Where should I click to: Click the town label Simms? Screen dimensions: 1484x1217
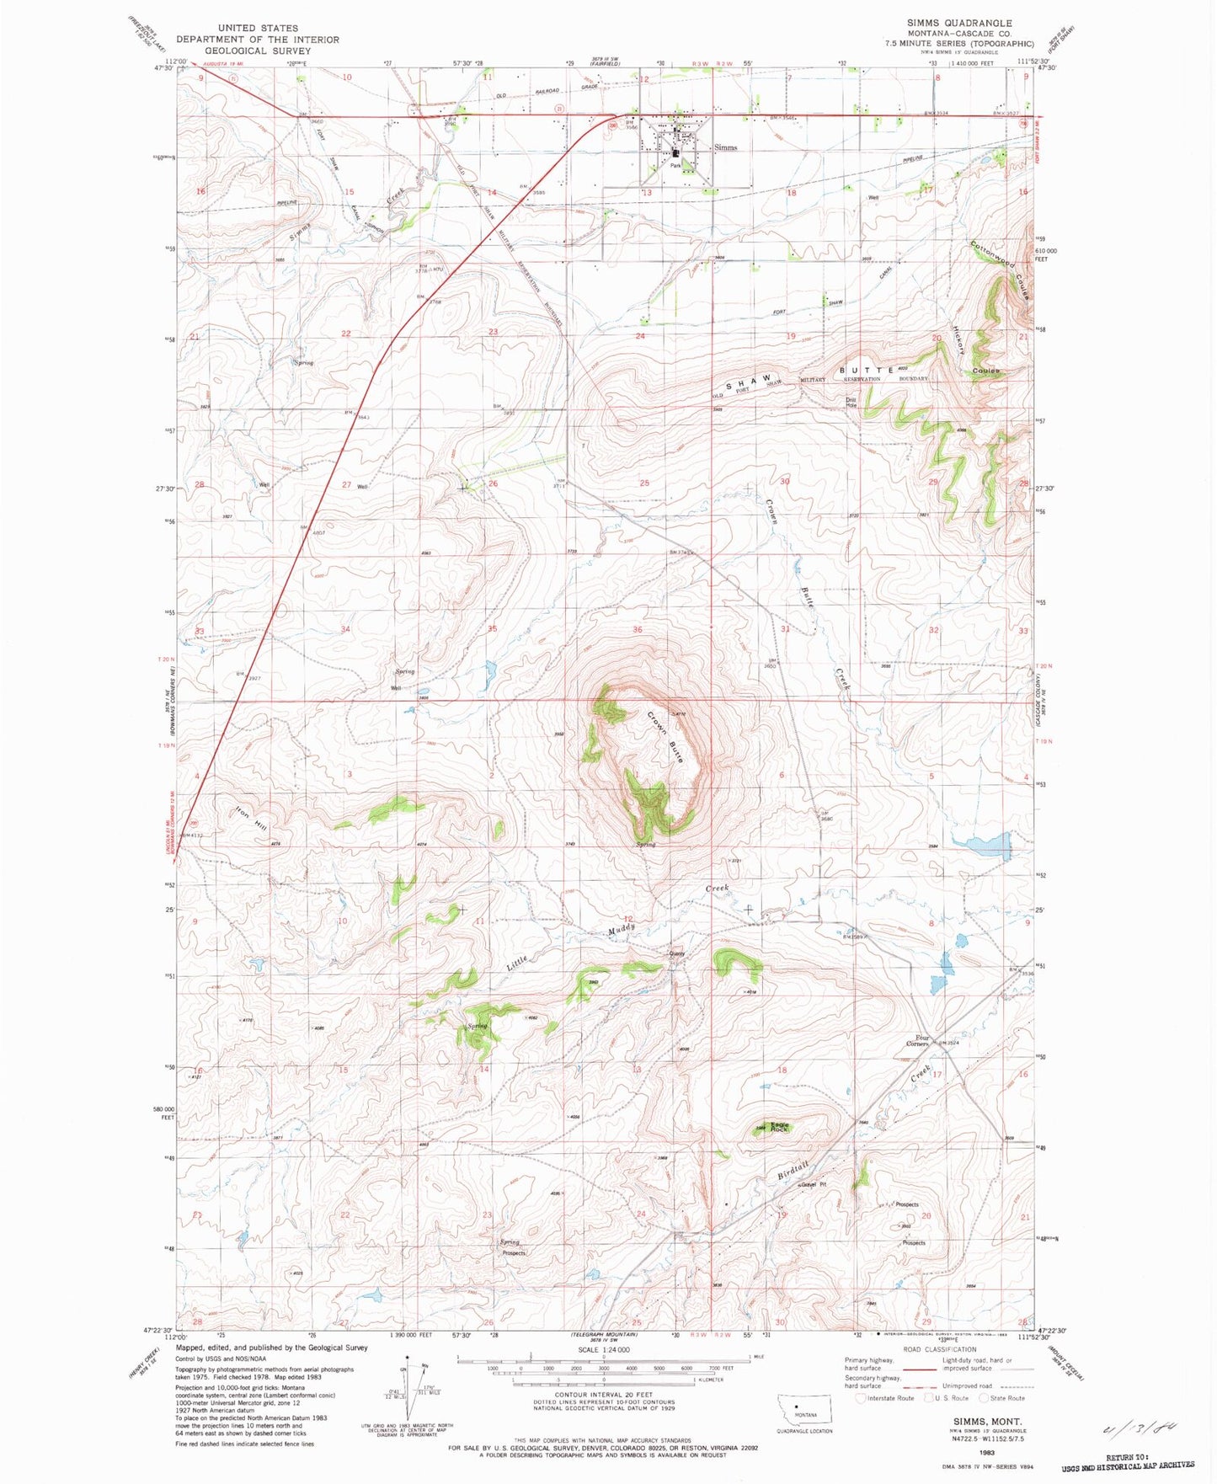click(x=725, y=147)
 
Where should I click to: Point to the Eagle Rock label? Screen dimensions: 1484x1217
click(x=779, y=1126)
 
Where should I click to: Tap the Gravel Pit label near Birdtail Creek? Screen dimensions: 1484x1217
click(x=814, y=1185)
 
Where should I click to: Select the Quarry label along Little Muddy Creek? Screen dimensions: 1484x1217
click(x=677, y=953)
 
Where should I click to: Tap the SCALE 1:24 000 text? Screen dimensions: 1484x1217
click(x=603, y=1348)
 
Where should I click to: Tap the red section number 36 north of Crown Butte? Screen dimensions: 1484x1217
click(x=638, y=630)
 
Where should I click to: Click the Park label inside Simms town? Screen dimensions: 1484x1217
click(x=675, y=166)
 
